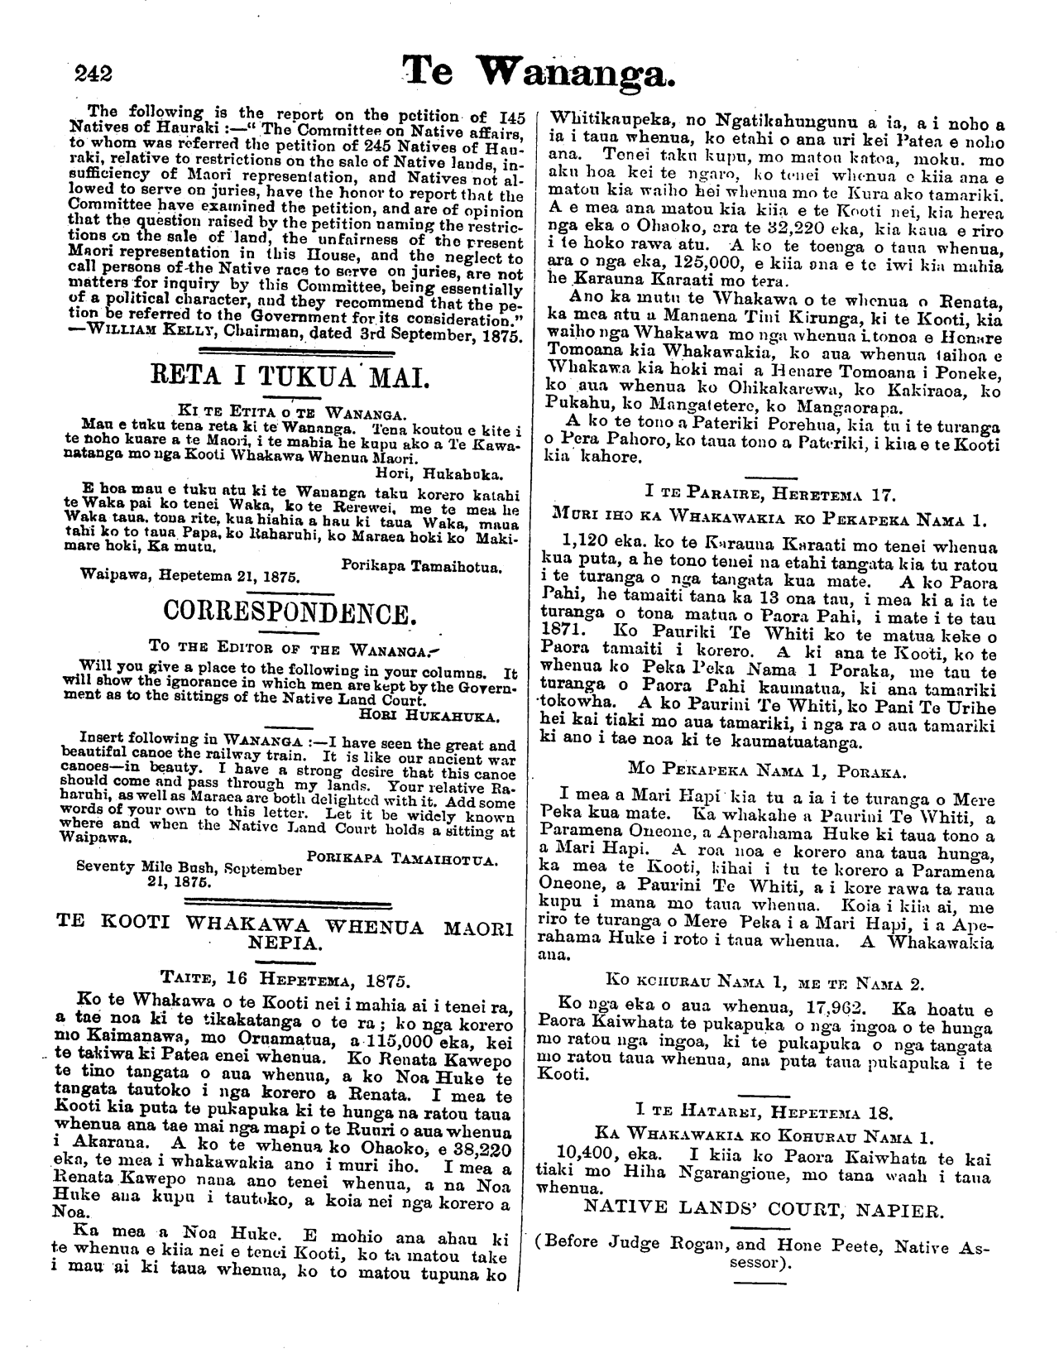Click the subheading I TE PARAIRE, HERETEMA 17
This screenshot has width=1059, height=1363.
pos(770,497)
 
